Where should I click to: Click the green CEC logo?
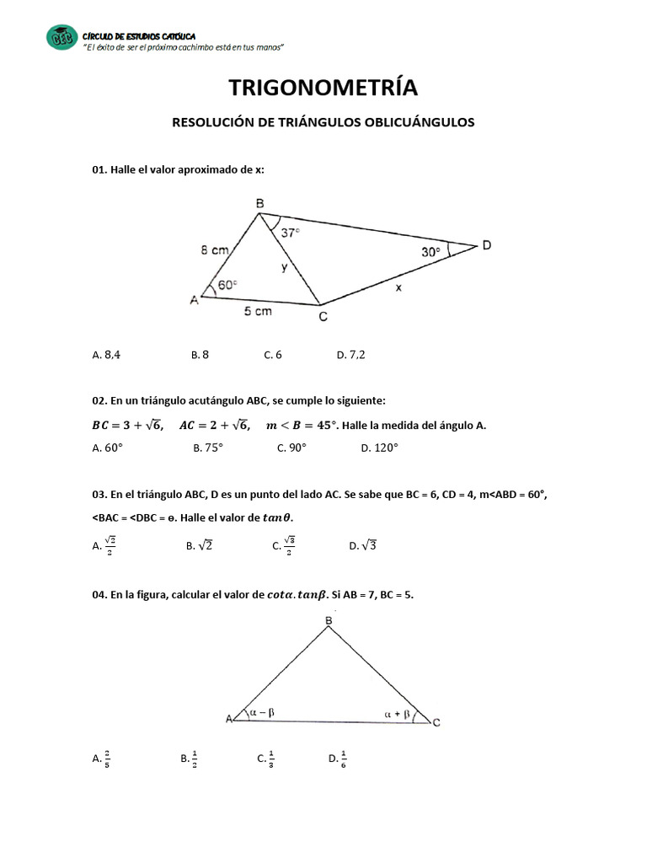click(x=61, y=37)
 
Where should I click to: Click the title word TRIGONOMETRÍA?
click(x=323, y=88)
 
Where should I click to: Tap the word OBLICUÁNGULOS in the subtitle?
click(x=420, y=122)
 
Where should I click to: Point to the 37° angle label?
click(x=291, y=233)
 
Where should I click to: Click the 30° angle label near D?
click(x=431, y=251)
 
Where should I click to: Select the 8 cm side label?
click(x=214, y=250)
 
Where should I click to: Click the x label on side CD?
click(x=398, y=287)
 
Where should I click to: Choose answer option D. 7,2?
click(x=350, y=355)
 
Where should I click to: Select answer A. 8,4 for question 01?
click(x=106, y=355)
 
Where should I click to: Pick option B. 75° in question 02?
click(x=207, y=448)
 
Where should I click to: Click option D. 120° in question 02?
click(x=378, y=448)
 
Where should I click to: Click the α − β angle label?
click(x=263, y=712)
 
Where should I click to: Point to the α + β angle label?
click(x=397, y=714)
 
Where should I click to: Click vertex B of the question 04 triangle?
click(x=329, y=621)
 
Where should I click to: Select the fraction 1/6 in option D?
click(x=345, y=758)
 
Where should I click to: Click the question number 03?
click(x=99, y=496)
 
